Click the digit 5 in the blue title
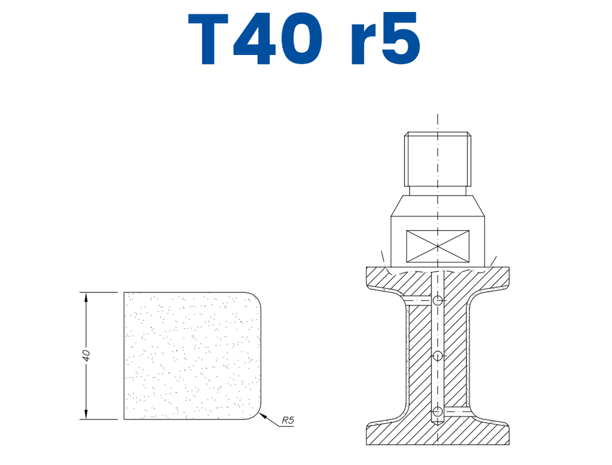point(400,39)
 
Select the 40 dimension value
point(86,355)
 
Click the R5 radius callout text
point(288,420)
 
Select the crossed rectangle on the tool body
point(437,246)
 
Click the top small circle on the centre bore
point(438,300)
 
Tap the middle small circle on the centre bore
point(438,356)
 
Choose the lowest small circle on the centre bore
point(438,411)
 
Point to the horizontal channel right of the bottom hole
point(457,411)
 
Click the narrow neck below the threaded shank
point(438,192)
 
